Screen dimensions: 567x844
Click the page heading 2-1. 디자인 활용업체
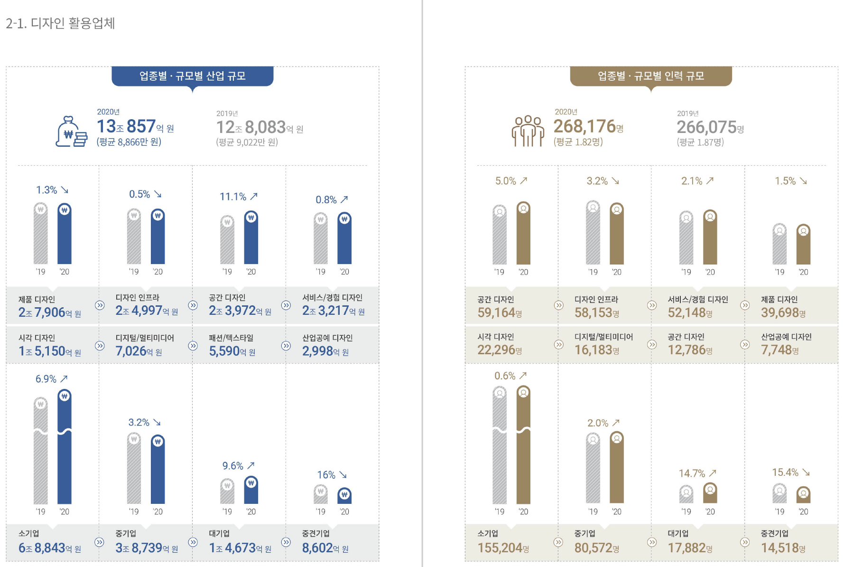point(60,23)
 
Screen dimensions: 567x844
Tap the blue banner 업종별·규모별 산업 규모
point(192,76)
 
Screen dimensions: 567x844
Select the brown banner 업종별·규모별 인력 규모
point(650,76)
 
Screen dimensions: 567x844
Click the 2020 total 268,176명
point(588,126)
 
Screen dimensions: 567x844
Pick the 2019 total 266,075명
point(710,127)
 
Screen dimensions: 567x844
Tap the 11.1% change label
point(233,197)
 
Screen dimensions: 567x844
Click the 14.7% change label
point(692,473)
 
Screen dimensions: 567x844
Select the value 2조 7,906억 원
point(50,312)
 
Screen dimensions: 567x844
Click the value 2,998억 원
point(325,351)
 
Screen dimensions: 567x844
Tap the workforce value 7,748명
point(779,350)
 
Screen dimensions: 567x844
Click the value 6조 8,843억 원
point(50,548)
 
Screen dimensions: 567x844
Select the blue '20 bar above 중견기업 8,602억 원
point(344,496)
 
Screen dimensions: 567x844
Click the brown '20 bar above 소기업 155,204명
point(523,446)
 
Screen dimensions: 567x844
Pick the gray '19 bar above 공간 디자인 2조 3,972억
point(227,240)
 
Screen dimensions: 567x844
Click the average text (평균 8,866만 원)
point(129,142)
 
